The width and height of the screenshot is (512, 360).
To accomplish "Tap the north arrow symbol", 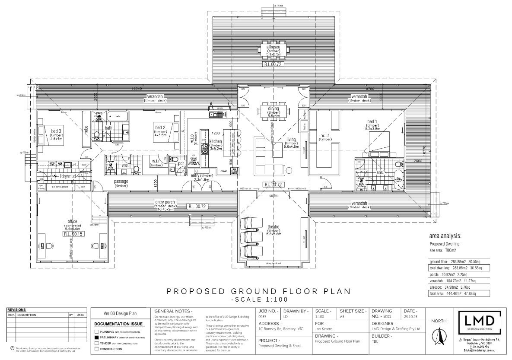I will click(x=439, y=336).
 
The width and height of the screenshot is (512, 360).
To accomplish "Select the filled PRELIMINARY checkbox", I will click(x=96, y=337).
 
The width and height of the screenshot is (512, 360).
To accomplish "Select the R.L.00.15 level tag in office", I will click(x=73, y=234).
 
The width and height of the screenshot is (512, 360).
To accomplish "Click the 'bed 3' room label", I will click(x=56, y=131).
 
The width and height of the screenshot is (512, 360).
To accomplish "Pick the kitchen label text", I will click(x=216, y=141).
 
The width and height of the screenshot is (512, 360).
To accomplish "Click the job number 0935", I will click(x=263, y=316).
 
